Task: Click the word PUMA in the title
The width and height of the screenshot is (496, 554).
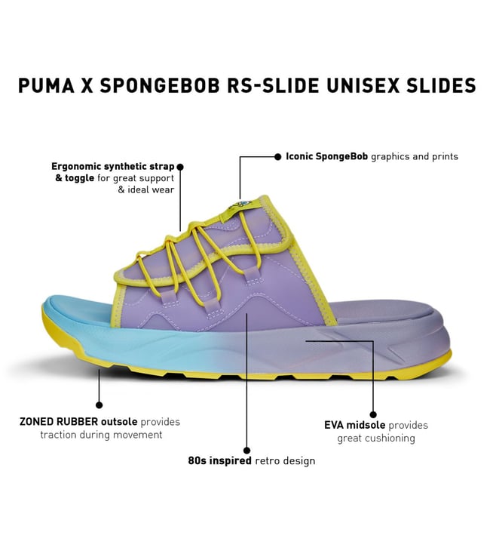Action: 46,85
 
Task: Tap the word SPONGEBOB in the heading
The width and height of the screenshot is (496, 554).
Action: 160,85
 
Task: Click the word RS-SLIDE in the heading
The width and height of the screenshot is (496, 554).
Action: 273,85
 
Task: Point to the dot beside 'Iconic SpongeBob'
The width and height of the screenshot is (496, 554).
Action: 278,156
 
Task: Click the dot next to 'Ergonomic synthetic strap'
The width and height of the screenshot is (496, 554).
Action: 180,166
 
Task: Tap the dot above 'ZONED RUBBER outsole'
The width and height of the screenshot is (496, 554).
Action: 100,405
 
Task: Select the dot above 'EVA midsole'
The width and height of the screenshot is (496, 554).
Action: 373,415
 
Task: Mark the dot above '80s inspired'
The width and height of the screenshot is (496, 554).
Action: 247,451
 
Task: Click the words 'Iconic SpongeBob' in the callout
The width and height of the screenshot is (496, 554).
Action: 326,156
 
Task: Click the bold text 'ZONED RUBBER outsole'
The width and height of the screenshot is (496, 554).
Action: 78,421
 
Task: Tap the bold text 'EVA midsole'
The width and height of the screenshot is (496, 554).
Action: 355,425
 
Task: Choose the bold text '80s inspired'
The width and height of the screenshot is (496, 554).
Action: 219,460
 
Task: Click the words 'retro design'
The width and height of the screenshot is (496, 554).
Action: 285,460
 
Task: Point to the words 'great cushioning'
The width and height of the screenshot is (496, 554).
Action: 376,438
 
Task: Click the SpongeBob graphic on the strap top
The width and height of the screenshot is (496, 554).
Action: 243,205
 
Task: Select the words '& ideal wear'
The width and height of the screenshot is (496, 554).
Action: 146,189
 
